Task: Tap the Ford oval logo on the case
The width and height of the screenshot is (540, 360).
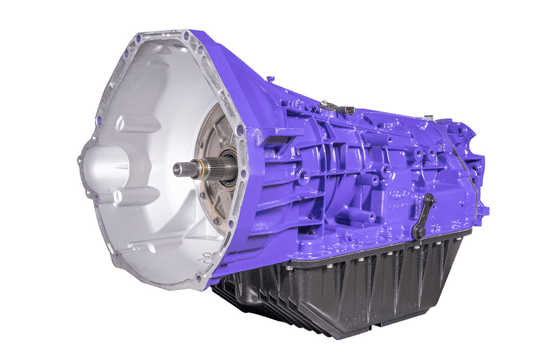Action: point(402,193)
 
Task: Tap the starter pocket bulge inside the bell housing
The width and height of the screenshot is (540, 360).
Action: point(105,162)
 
